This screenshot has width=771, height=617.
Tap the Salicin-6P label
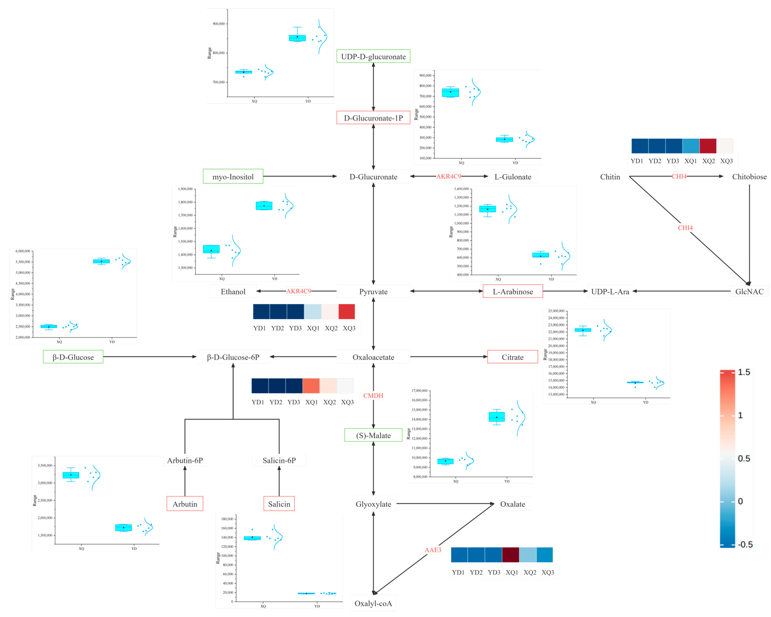[279, 460]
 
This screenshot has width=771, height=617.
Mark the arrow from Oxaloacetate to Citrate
[449, 357]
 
